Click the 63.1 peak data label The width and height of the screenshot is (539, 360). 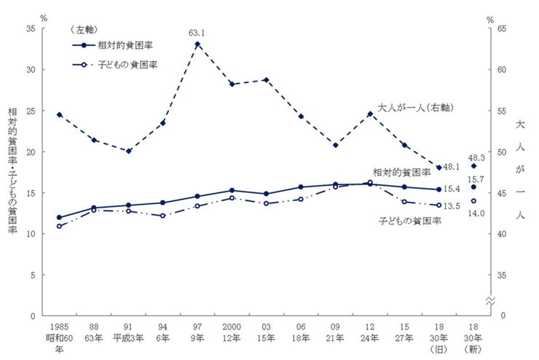point(198,33)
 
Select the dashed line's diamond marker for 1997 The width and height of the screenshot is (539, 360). point(197,44)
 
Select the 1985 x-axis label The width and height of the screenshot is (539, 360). point(59,327)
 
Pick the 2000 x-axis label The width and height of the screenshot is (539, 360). point(232,327)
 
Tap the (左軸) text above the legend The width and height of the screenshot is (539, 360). point(86,29)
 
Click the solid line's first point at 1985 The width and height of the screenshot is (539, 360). point(59,217)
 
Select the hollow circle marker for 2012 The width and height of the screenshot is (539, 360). point(370,183)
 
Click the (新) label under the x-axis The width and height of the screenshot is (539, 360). point(473,349)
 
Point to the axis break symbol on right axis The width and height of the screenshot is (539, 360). point(489,301)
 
